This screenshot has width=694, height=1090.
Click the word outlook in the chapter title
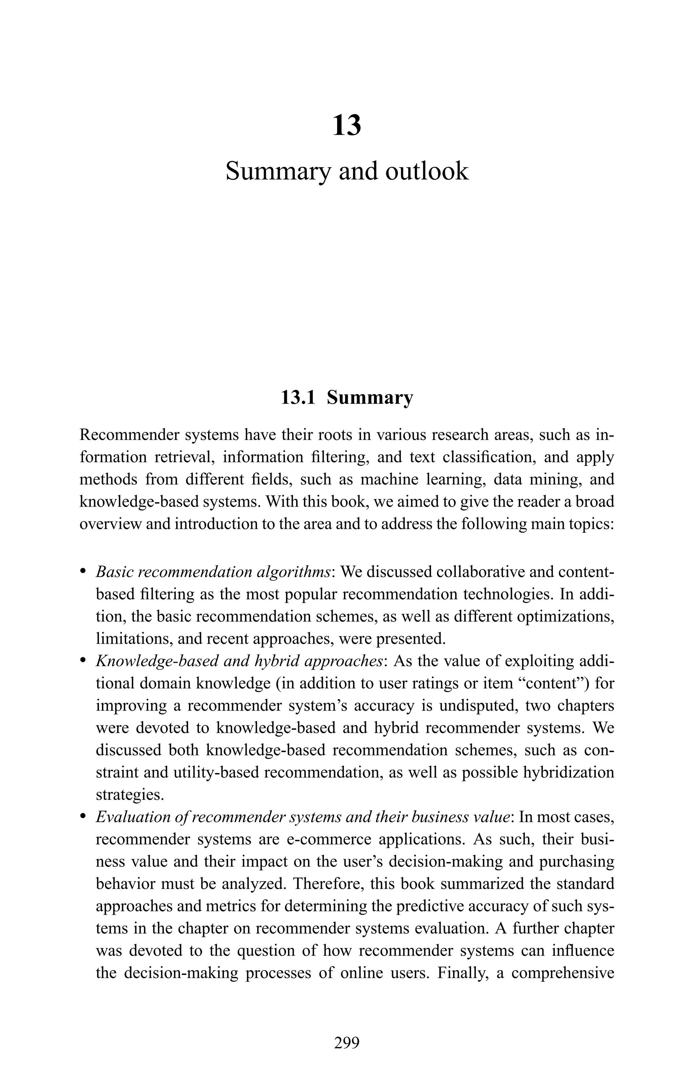click(x=426, y=172)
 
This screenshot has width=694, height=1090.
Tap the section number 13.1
click(x=298, y=398)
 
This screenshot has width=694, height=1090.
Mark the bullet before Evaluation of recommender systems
click(x=83, y=817)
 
